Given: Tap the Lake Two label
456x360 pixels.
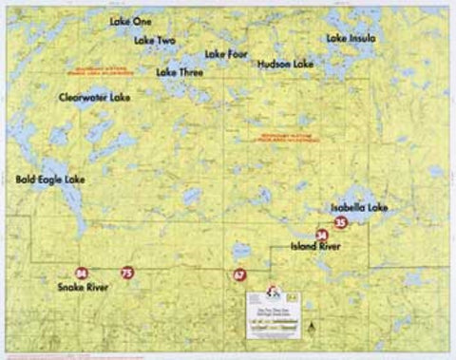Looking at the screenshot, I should [155, 41].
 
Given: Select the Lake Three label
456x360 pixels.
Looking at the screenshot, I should [180, 71].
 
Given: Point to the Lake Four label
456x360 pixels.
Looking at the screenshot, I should [226, 54].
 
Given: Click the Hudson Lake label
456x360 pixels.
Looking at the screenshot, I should [285, 64].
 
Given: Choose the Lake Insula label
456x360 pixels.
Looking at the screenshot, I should [351, 39].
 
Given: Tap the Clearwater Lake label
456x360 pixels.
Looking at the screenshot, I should [94, 97].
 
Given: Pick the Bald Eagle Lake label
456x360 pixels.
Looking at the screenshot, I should [51, 179].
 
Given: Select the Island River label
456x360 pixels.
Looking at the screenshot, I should [315, 247].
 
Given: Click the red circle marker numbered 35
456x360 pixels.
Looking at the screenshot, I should [341, 220].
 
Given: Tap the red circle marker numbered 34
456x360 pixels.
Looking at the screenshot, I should [321, 234].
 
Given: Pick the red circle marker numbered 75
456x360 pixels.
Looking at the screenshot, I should [128, 274].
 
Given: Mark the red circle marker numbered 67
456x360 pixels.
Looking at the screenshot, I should [239, 275].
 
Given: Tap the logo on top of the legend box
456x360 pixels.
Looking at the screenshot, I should [272, 291].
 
